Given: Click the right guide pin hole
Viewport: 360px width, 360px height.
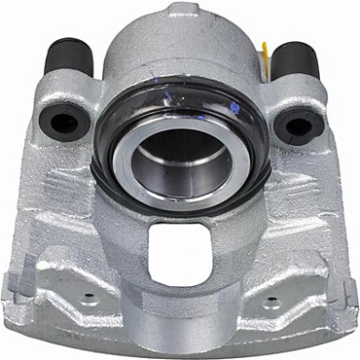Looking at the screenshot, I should pos(296,123).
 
